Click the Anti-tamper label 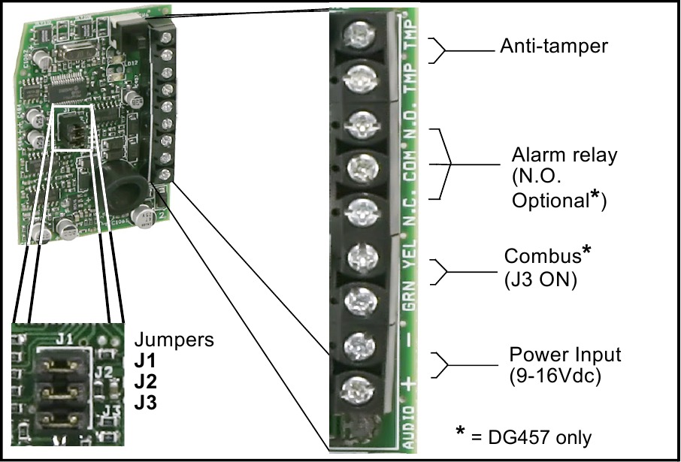tap(553, 47)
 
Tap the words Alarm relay tap(564, 156)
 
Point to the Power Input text tap(565, 354)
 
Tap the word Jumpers tap(177, 340)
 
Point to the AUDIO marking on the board tap(409, 429)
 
